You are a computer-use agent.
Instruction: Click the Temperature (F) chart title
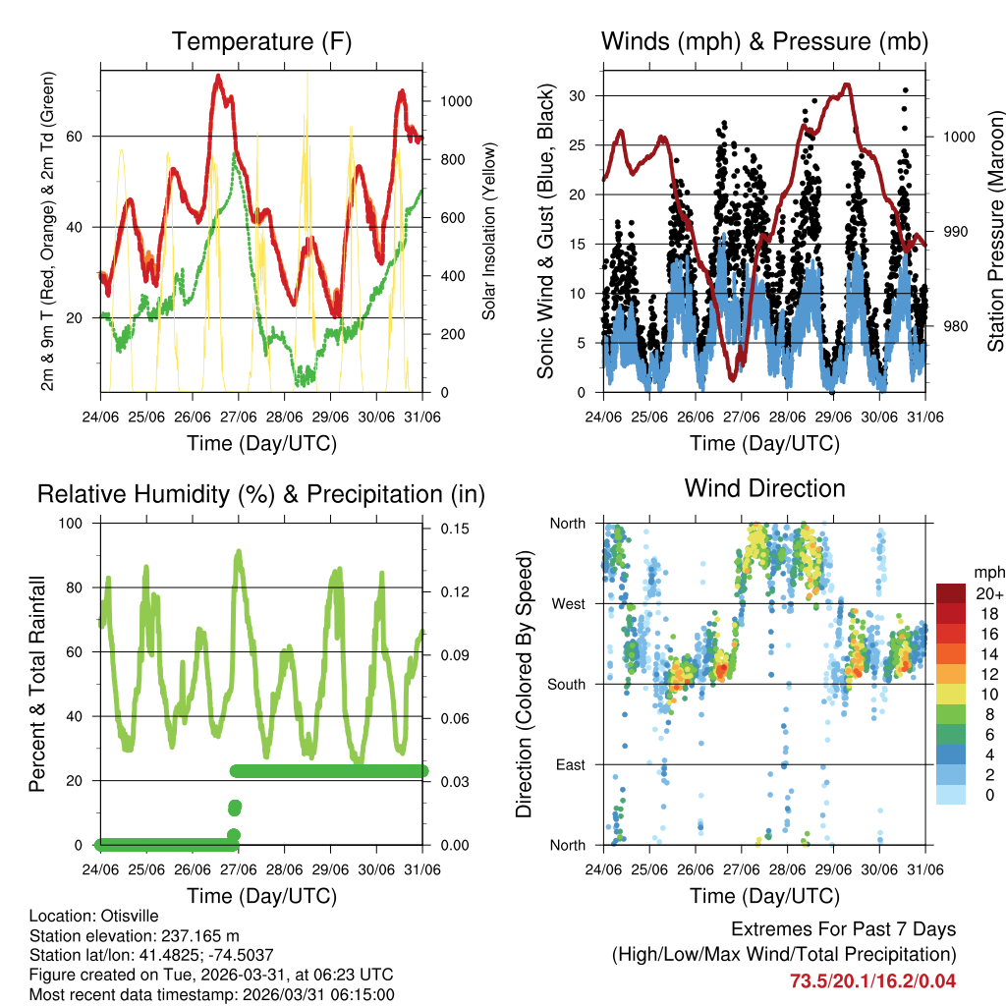click(261, 42)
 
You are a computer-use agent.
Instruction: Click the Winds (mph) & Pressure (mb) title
click(764, 42)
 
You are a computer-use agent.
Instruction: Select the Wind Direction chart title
click(764, 488)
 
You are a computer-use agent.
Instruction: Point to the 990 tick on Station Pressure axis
click(957, 232)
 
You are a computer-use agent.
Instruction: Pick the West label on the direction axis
click(567, 603)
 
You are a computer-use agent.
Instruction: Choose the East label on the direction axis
click(570, 764)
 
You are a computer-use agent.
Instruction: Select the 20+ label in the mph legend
click(988, 593)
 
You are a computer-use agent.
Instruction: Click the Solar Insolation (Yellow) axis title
click(488, 232)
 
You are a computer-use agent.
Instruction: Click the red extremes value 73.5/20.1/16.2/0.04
click(872, 980)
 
